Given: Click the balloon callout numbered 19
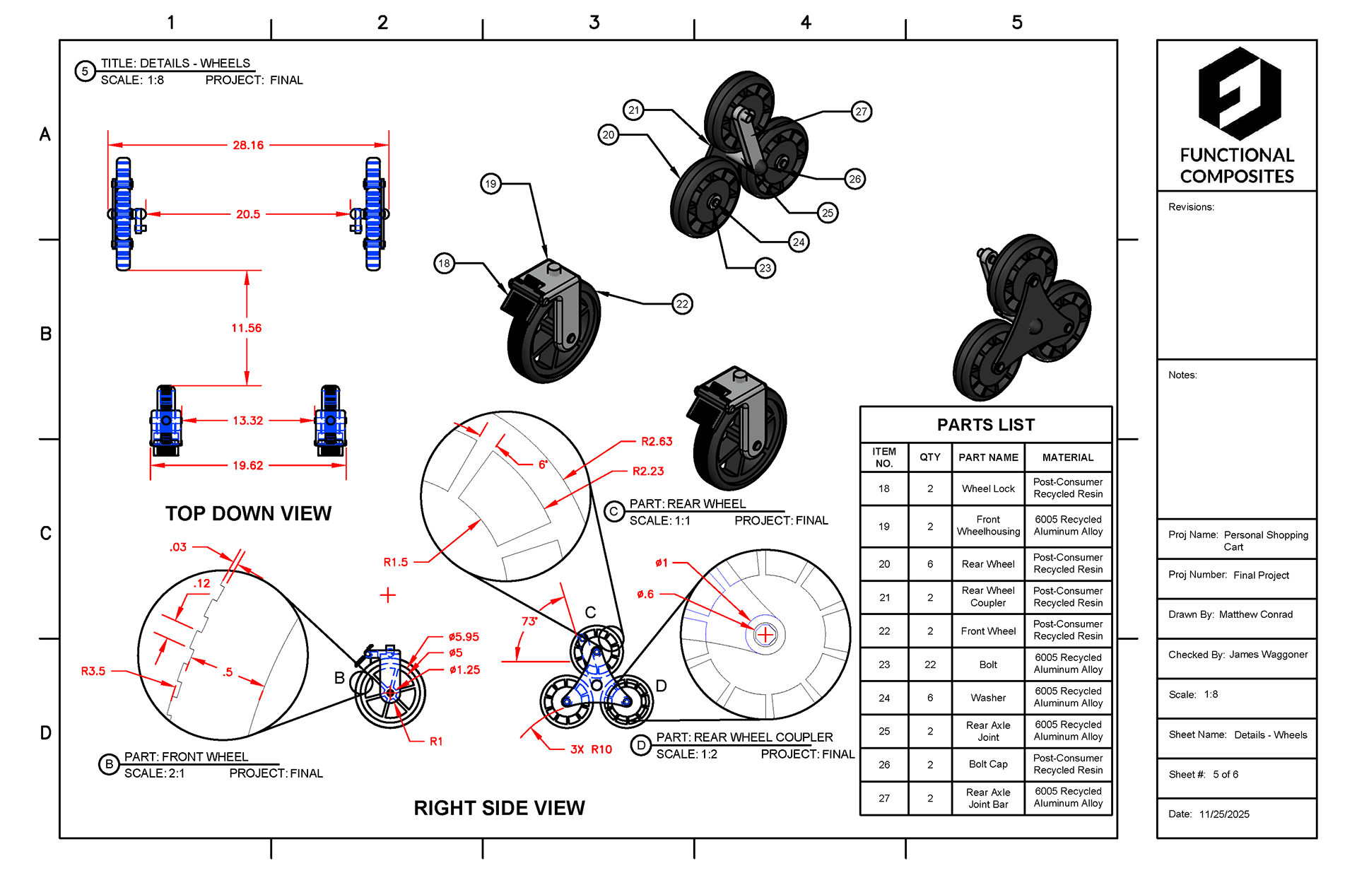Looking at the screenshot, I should [490, 184].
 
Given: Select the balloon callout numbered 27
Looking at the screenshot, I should [861, 112].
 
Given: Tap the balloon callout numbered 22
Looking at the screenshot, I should [682, 304].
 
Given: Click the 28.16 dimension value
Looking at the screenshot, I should [248, 145].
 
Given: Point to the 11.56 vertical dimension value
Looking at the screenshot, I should [246, 328].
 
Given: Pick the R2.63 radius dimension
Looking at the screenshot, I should [657, 442].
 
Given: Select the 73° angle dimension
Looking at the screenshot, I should [529, 621].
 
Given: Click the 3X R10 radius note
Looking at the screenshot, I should [591, 749].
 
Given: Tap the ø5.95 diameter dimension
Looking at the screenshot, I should [464, 637].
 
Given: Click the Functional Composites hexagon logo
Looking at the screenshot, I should [1239, 93].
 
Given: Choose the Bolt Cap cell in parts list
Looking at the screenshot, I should [988, 764].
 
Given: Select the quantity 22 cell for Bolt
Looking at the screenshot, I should [930, 665].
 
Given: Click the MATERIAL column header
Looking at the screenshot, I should [1067, 457].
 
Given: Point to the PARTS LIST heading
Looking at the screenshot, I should [985, 425].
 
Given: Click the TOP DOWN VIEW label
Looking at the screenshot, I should [248, 513].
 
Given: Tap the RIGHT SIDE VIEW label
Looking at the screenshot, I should [499, 808].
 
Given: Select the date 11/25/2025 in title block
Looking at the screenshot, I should [1224, 814].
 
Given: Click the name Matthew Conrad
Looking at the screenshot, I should [1255, 614].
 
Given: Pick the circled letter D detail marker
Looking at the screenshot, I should [641, 746].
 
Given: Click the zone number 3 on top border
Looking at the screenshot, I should [594, 23].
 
